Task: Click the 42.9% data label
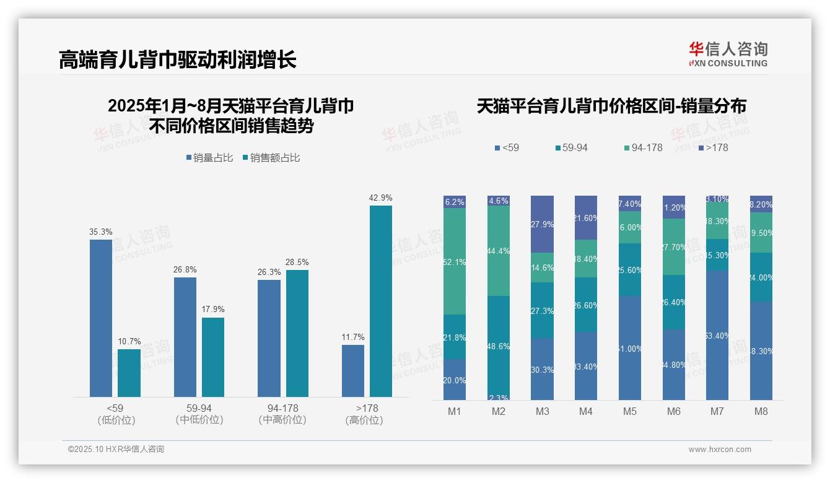point(380,198)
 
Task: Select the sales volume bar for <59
point(101,318)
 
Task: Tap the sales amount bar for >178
point(381,301)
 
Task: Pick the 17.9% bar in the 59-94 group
point(213,357)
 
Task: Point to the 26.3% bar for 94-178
point(269,338)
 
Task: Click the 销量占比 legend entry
point(209,158)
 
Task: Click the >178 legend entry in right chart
point(713,148)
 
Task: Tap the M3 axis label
point(542,411)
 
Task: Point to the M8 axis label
point(761,411)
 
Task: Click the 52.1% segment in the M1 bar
point(455,261)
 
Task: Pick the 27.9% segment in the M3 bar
point(542,224)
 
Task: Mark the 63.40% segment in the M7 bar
point(717,336)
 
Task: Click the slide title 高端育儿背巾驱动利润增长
point(178,59)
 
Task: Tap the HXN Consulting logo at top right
point(728,54)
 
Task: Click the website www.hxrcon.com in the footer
point(720,450)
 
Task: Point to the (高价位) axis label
point(364,420)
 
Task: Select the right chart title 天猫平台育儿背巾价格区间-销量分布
point(611,107)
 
